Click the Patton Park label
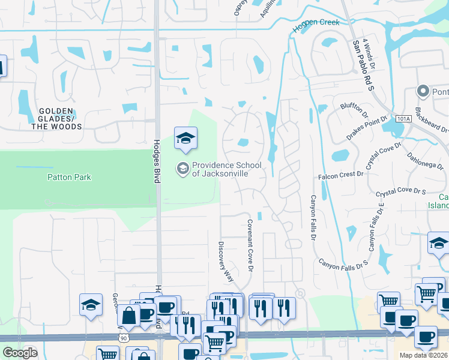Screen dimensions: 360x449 tap(69, 177)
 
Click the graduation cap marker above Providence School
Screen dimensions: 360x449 tap(185, 139)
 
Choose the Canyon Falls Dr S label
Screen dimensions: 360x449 tap(342, 262)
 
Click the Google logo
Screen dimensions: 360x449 tap(19, 352)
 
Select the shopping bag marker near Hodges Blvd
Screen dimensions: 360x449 tap(128, 315)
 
